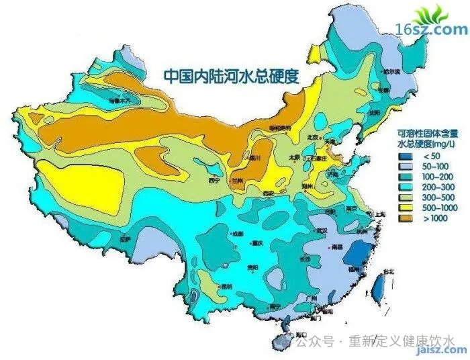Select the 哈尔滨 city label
point(391,71)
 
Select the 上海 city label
point(381,214)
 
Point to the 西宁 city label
point(214,180)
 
